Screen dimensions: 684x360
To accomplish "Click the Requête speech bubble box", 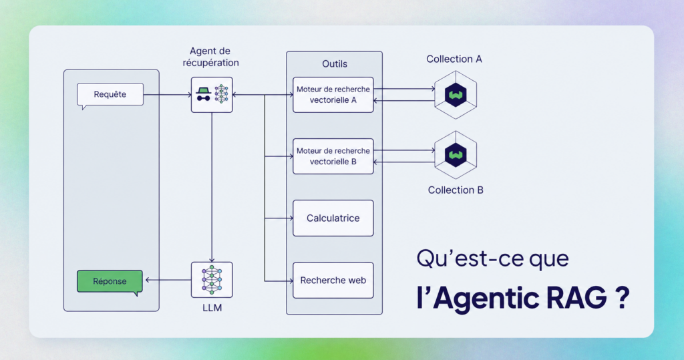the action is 110,94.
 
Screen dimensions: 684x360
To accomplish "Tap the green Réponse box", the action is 110,281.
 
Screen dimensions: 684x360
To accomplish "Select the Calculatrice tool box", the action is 333,218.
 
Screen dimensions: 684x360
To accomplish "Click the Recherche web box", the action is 333,280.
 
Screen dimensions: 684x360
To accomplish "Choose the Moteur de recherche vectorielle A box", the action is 333,95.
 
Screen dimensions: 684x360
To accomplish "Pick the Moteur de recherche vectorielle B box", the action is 333,156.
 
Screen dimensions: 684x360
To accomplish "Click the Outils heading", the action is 335,63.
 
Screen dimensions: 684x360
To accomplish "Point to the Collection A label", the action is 454,59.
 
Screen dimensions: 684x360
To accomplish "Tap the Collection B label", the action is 456,190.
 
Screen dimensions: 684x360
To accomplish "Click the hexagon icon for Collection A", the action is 456,95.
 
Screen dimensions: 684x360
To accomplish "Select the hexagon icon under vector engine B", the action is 456,155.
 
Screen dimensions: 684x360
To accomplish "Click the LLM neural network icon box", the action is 212,280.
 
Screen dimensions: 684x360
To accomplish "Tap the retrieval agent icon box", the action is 212,95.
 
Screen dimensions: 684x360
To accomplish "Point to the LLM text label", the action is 212,308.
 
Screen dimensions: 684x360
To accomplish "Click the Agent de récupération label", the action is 210,57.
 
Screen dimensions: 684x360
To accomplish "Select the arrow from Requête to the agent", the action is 168,95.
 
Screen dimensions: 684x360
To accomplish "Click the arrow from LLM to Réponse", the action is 168,280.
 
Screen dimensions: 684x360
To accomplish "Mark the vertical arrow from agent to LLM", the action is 212,187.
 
